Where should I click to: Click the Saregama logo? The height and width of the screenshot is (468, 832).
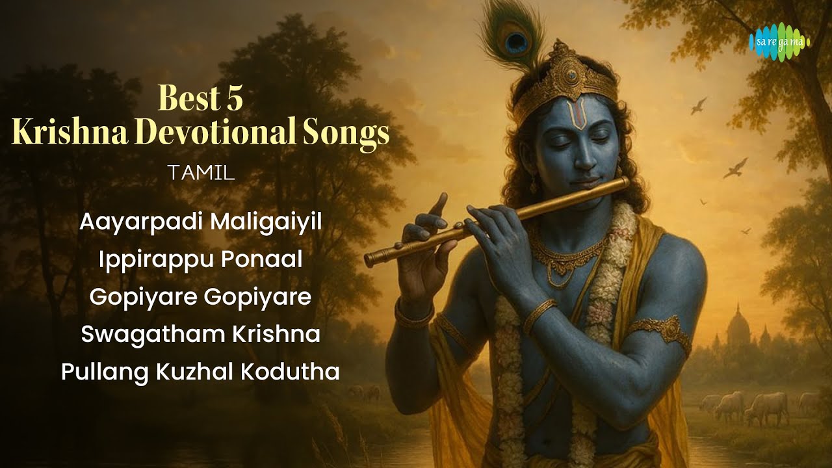(779, 42)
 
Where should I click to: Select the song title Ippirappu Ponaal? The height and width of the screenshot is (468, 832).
(201, 259)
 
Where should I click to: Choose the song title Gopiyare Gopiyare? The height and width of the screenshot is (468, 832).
(201, 297)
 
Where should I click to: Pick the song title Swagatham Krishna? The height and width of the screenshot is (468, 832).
(201, 334)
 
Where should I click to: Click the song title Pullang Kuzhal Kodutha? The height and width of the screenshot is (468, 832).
(201, 372)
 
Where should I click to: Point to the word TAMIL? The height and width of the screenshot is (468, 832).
(200, 174)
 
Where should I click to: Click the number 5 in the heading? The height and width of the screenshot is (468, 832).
(234, 99)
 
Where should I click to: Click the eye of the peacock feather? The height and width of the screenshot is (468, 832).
(518, 42)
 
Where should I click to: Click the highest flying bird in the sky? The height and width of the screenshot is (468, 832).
(699, 106)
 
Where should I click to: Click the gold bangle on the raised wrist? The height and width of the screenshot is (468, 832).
(413, 316)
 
